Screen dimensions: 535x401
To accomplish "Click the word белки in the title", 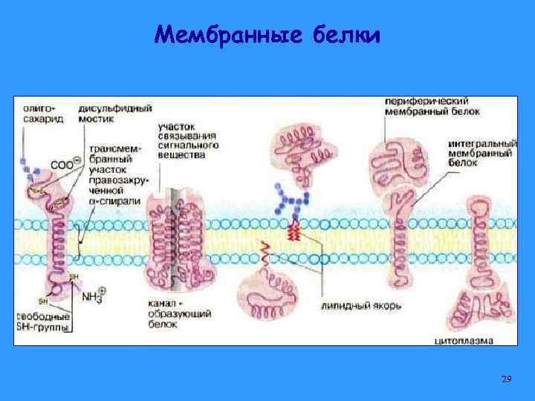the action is point(346,35).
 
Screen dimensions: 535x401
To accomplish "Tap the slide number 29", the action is point(507,379).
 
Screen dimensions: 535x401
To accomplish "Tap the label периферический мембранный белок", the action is point(431,105).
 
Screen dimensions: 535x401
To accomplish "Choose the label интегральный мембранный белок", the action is point(483,152).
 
